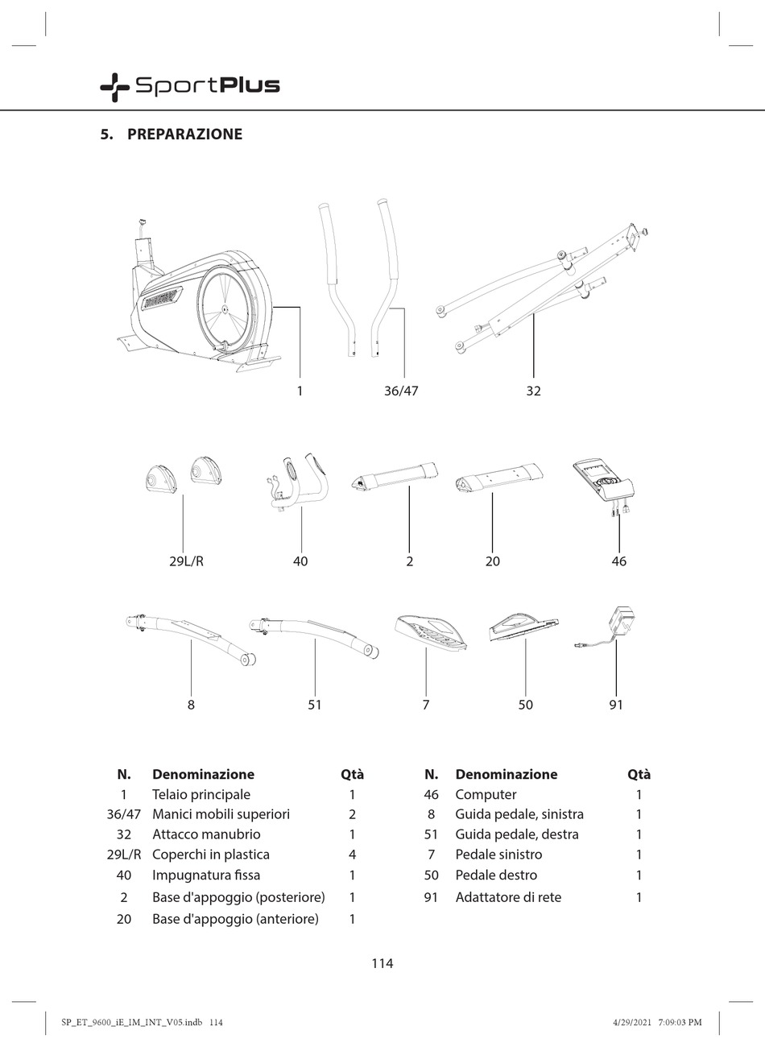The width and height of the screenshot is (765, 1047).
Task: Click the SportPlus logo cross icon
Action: [114, 86]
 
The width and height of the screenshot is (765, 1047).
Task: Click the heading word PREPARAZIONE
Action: [184, 134]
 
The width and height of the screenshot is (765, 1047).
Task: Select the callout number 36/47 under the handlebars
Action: [401, 391]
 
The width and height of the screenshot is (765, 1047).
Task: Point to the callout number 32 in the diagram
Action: [533, 391]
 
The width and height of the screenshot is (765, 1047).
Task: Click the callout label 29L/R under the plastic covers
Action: [186, 561]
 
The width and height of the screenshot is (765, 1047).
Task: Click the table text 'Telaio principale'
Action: [201, 795]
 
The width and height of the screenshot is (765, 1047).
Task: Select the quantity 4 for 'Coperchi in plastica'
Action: [352, 855]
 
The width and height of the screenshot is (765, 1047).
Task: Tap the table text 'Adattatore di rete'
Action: [508, 897]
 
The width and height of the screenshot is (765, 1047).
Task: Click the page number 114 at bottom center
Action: [382, 963]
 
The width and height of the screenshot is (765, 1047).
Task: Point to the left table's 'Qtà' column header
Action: [352, 775]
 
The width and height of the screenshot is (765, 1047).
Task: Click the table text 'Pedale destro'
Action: [496, 875]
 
